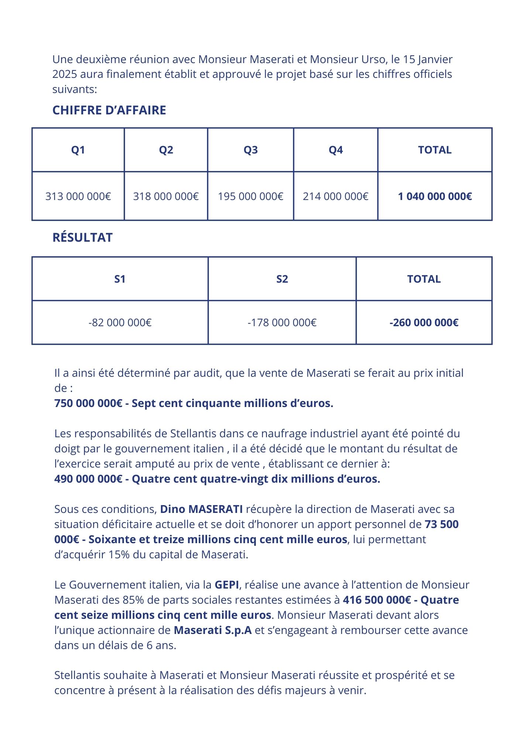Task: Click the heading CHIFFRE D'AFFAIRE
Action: coord(109,110)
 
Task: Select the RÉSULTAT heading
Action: coord(83,238)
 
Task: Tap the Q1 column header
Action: coord(78,150)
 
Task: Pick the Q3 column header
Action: coord(251,150)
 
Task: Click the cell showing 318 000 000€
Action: coord(166,196)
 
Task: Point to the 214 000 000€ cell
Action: coord(336,196)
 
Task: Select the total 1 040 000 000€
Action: coord(435,196)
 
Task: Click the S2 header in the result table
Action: coord(282,279)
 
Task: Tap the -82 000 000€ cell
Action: coord(120,323)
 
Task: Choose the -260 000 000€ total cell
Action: coord(424,323)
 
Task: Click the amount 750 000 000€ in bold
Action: coord(88,403)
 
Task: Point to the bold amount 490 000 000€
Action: coord(88,479)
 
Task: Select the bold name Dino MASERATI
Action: coord(201,509)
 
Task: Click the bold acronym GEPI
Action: coord(227,585)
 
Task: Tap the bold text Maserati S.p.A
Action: coord(213,630)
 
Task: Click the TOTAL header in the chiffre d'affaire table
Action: coord(435,150)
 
